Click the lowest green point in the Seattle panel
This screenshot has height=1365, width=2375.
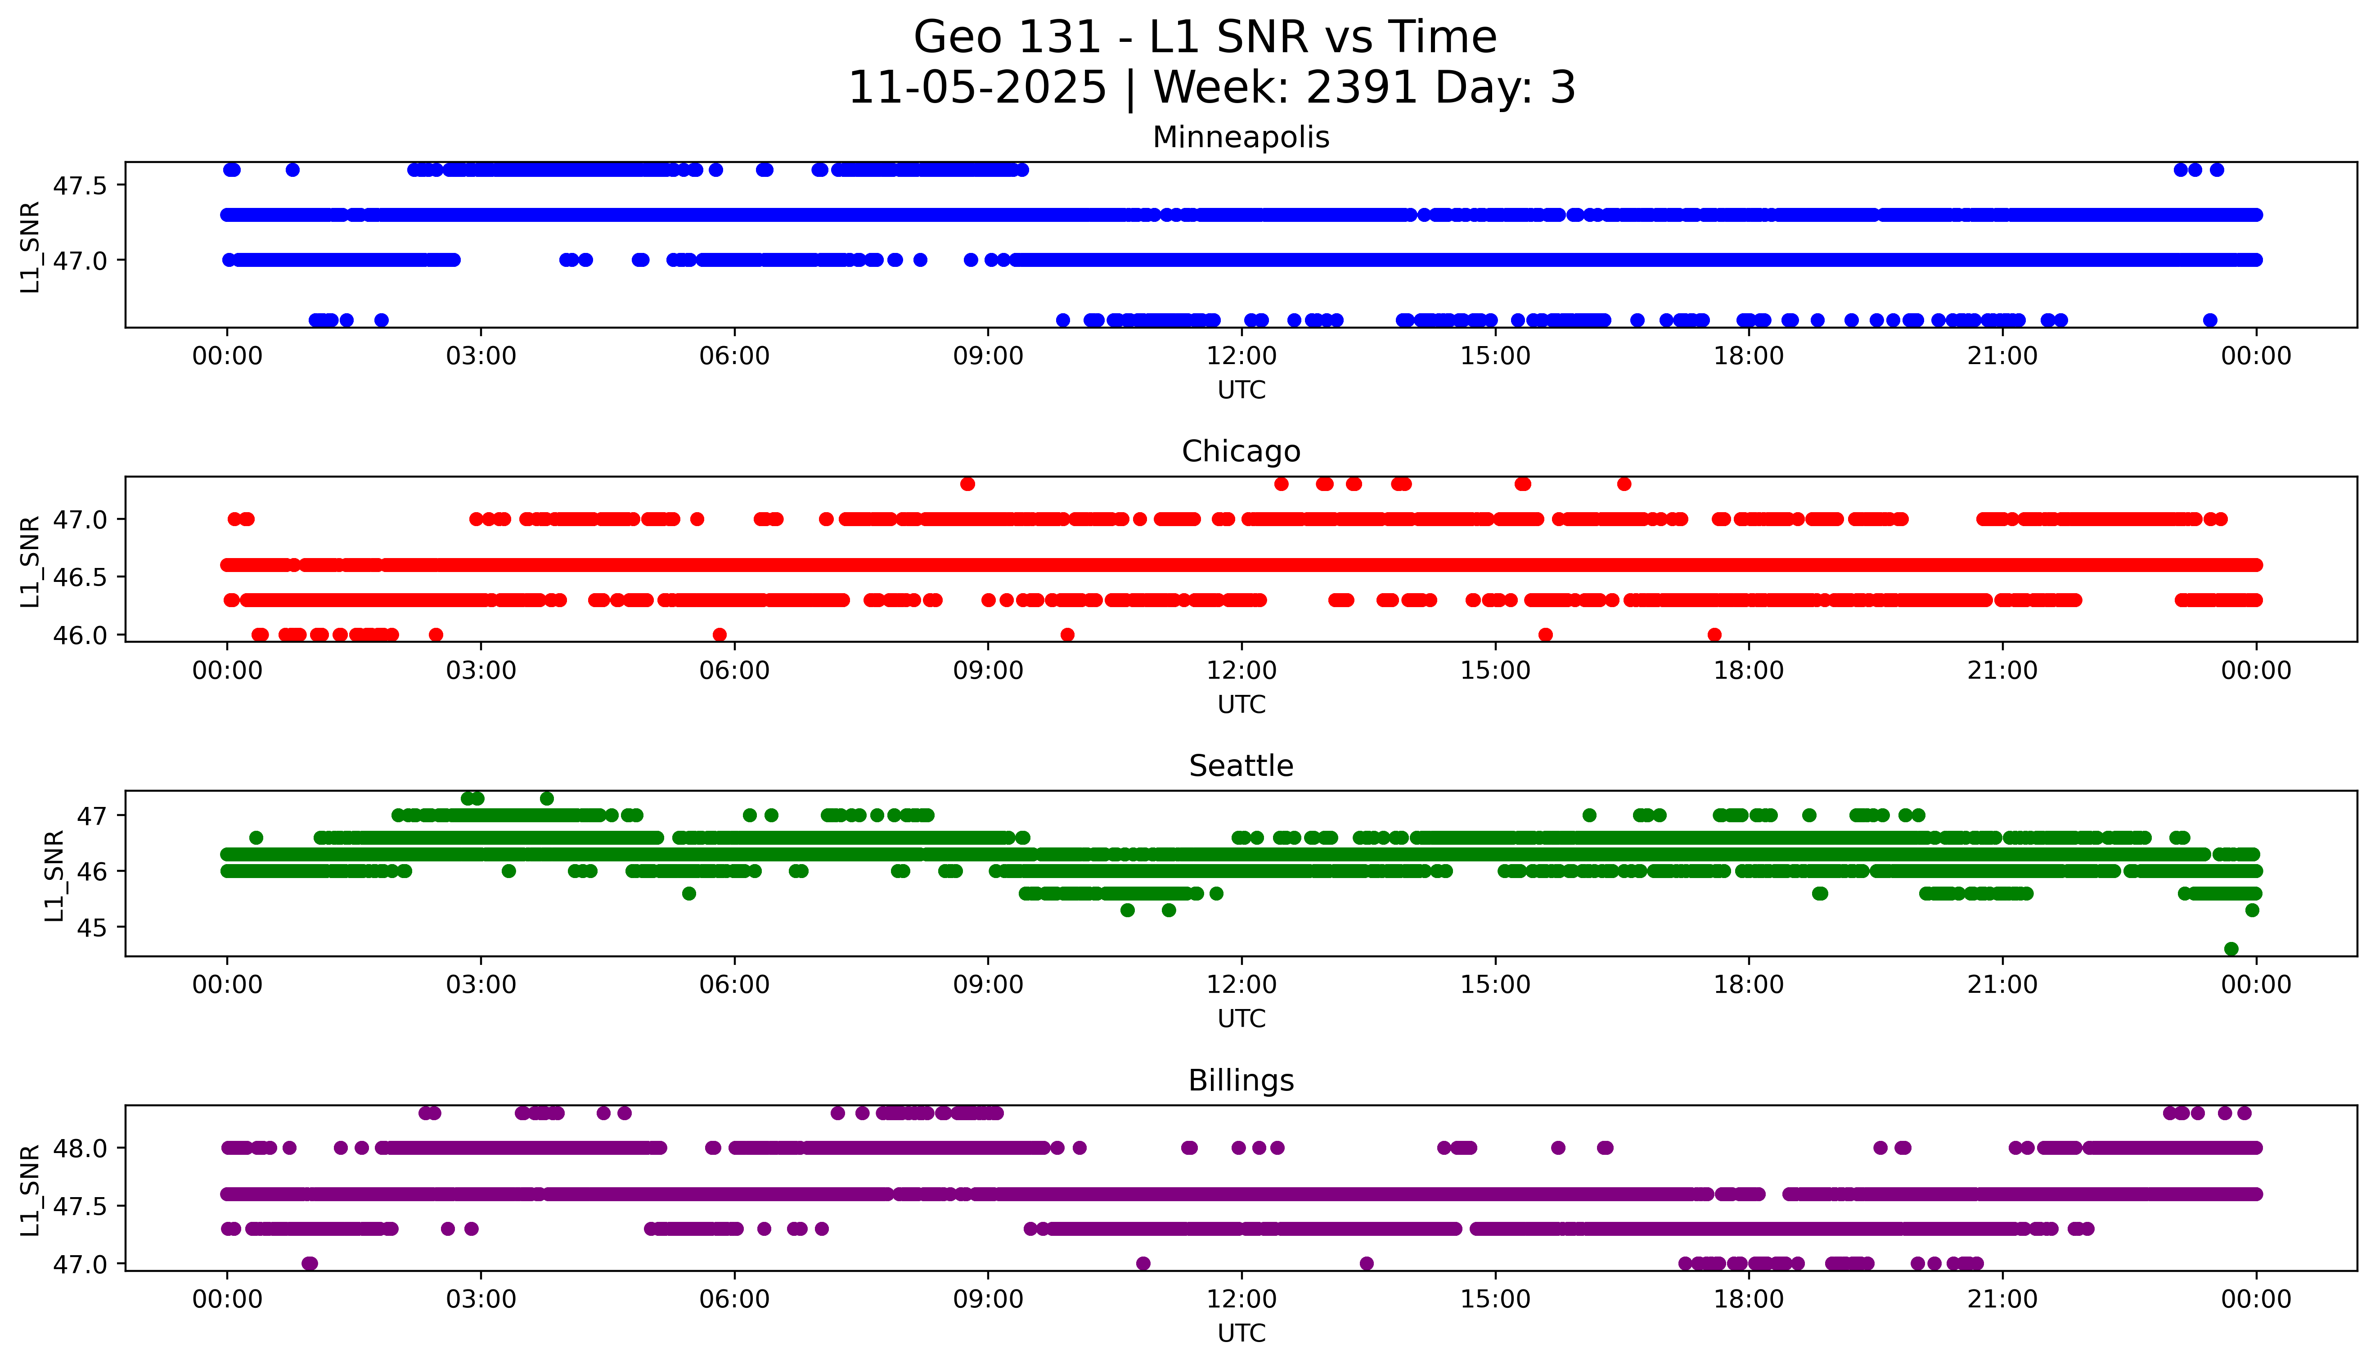pyautogui.click(x=2231, y=949)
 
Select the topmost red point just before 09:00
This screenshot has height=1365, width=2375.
pyautogui.click(x=967, y=484)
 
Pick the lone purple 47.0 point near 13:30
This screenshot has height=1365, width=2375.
pyautogui.click(x=1367, y=1264)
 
